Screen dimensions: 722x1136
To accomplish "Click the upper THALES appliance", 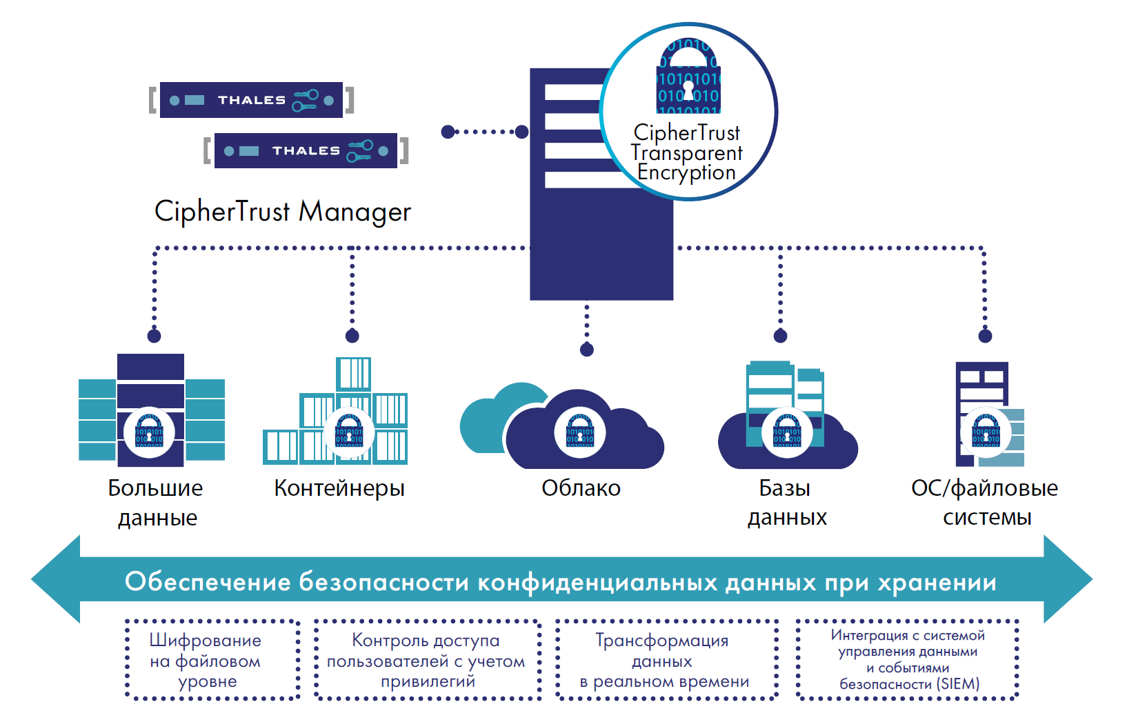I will (x=251, y=100).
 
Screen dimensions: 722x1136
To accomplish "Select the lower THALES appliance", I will (x=306, y=150).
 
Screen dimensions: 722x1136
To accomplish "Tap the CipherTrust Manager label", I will (x=282, y=211).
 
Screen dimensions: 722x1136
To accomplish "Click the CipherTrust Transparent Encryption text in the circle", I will (x=687, y=152).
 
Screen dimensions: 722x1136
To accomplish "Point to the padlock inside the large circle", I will (x=688, y=77).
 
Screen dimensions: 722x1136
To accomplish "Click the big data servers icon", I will (x=151, y=410).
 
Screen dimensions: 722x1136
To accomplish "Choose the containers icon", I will (x=337, y=412).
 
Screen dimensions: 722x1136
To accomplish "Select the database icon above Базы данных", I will (x=787, y=414).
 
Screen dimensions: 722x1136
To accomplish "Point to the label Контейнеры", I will (x=339, y=488).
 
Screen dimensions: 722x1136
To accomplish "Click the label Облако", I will (x=581, y=488).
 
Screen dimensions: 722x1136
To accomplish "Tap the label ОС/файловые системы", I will (x=985, y=502).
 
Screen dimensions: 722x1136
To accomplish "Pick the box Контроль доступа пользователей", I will (x=427, y=661).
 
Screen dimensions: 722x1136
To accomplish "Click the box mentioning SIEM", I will (x=907, y=660).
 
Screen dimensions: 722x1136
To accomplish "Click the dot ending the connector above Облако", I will (x=587, y=350).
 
